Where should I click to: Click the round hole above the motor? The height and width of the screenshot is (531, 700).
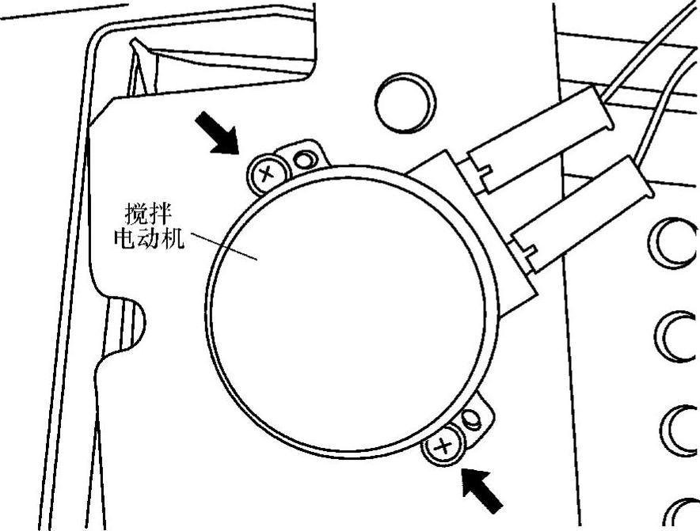405,102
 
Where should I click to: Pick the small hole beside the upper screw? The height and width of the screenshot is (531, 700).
303,160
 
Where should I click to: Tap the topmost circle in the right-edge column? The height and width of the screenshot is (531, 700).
671,244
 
